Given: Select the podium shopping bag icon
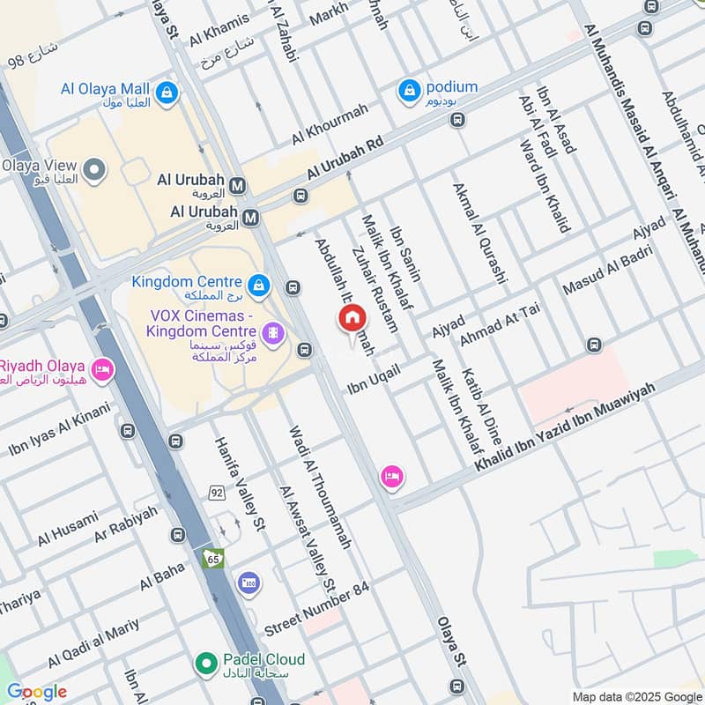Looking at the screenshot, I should point(409,90).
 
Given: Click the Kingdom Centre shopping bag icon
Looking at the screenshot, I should point(258,285).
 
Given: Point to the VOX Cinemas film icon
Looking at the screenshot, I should point(274,333).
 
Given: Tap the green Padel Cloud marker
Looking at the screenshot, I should point(206,661).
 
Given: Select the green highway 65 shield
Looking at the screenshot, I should point(212,558).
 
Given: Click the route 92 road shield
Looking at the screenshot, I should point(217,492).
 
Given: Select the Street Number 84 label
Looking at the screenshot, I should point(316,609).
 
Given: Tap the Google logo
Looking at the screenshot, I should point(36,692).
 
